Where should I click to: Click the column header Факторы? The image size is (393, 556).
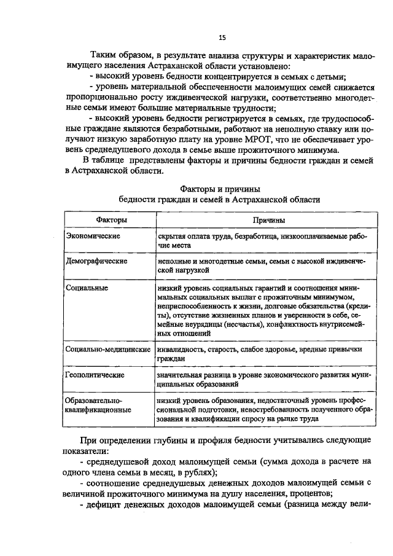pyautogui.click(x=111, y=220)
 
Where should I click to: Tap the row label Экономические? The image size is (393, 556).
pyautogui.click(x=93, y=236)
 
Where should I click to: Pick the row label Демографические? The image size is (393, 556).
pyautogui.click(x=96, y=261)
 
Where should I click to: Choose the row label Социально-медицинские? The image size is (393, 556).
pyautogui.click(x=108, y=349)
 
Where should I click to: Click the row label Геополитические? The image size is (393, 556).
pyautogui.click(x=95, y=374)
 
